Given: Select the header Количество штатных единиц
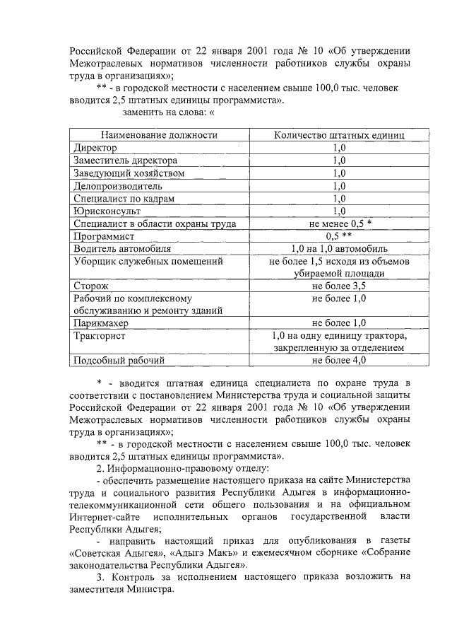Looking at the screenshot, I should point(338,135).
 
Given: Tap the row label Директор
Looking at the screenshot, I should point(95,148).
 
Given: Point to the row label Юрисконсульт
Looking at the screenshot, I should point(107,211).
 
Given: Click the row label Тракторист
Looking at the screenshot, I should point(100,336).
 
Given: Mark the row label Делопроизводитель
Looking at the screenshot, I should point(118,186).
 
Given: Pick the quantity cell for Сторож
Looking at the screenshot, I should point(338,286).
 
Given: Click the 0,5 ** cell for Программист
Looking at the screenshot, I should point(338,236).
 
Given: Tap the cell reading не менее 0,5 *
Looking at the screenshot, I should point(338,223).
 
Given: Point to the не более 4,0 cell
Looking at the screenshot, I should point(338,361).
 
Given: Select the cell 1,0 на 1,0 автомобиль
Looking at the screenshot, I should point(338,249).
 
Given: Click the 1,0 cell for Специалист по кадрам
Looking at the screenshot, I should point(338,199).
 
